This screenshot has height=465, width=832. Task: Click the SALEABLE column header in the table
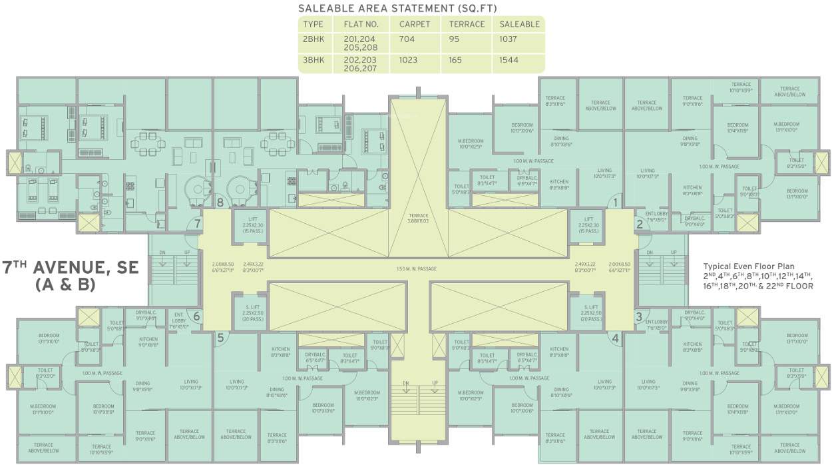tap(519, 24)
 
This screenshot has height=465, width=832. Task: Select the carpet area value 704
tap(407, 39)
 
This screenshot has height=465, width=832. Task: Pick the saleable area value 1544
tap(509, 60)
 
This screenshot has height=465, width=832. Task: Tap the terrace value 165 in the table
tap(457, 60)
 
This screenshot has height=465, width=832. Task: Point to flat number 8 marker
tap(219, 203)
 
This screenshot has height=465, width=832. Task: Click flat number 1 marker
tap(616, 203)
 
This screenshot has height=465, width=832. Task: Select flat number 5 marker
tap(220, 338)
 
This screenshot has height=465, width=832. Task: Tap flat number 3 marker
tap(638, 316)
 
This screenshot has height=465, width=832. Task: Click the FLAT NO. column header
tap(361, 24)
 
